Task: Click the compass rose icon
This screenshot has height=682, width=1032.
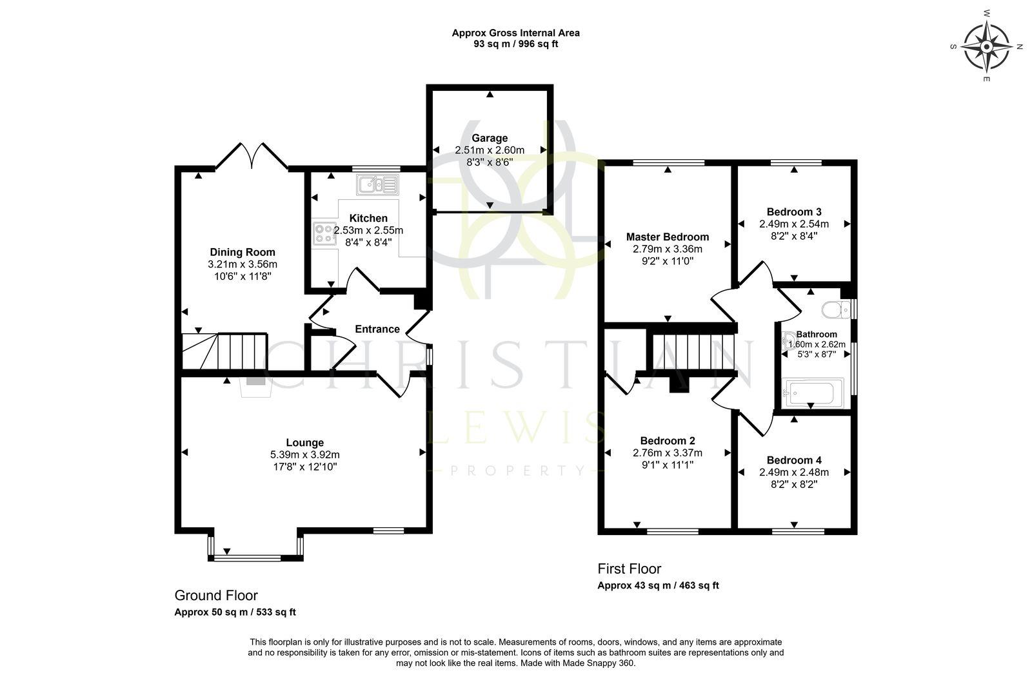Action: coord(986,46)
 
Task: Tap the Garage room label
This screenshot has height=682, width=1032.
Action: coord(490,138)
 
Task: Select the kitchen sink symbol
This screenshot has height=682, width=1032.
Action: coord(377,185)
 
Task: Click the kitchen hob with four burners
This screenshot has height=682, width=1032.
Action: coord(324,233)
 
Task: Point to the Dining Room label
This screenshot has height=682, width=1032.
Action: coord(243,252)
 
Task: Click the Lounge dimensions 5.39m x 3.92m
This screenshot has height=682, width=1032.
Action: coord(305,454)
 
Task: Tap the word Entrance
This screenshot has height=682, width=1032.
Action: coord(377,329)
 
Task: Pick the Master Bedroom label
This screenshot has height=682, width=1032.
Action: coord(667,237)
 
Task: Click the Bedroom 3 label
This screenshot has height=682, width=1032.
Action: coord(794,212)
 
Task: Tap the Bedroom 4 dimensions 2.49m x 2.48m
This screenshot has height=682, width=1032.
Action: coord(794,473)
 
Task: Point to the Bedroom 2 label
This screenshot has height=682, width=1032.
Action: coord(668,441)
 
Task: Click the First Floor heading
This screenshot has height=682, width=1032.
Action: coord(629,569)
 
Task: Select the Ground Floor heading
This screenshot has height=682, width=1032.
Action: coord(216,596)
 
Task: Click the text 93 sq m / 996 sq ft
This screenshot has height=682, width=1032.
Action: coord(515,44)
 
